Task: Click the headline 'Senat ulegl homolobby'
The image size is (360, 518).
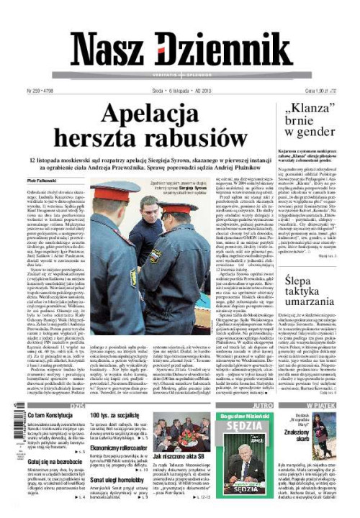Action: [x=115, y=479]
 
